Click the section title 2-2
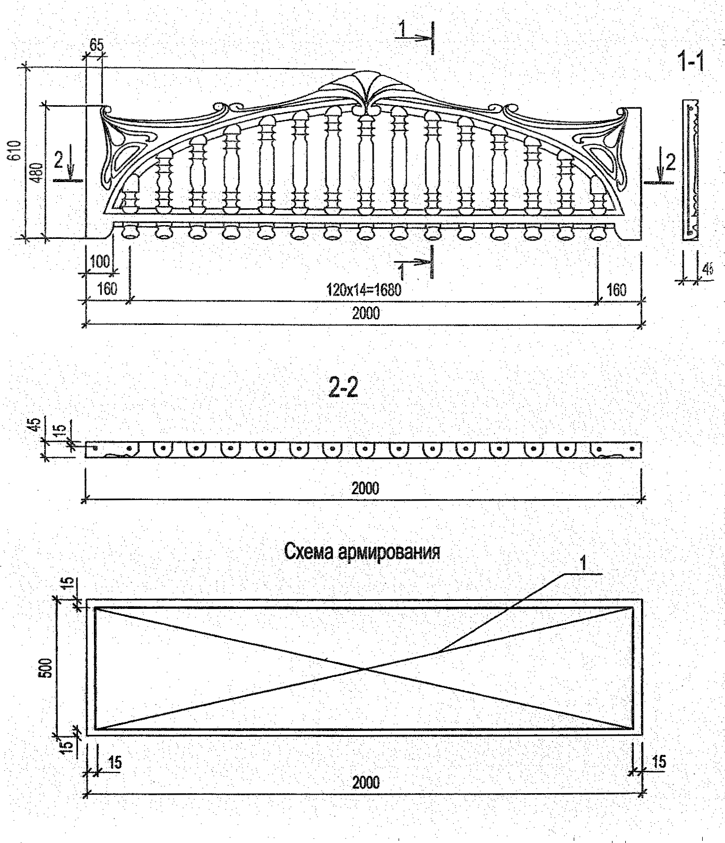(x=343, y=390)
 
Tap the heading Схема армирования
(x=362, y=552)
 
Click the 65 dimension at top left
(x=96, y=45)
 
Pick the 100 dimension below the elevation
(x=99, y=261)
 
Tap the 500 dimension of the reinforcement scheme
(x=46, y=668)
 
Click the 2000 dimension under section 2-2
(x=365, y=488)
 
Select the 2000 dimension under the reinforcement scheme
(x=366, y=782)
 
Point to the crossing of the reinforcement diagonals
(x=365, y=669)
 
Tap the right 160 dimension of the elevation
(x=616, y=290)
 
